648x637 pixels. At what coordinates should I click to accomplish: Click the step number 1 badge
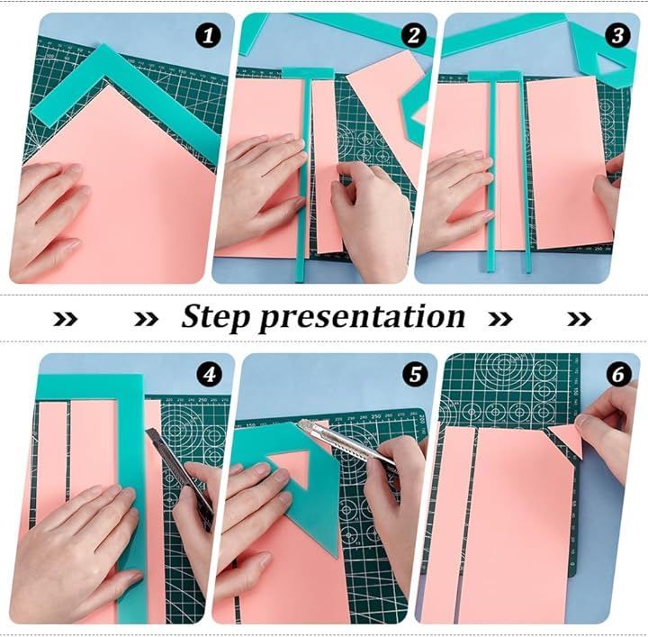point(208,35)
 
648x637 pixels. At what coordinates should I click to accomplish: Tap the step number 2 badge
point(414,35)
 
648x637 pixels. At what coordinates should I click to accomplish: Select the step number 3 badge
point(617,35)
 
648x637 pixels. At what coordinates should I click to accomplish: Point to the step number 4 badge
point(210,375)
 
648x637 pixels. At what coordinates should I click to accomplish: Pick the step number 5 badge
point(415,374)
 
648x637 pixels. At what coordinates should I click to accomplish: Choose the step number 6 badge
point(618,375)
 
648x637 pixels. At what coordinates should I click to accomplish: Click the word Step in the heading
point(216,318)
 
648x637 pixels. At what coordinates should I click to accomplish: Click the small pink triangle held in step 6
point(566,440)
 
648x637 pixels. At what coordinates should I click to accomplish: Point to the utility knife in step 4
point(182,476)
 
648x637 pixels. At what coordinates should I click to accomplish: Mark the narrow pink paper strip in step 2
point(328,167)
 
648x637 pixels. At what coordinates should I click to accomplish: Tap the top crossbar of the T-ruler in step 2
point(308,73)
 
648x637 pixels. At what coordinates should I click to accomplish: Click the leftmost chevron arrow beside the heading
point(66,319)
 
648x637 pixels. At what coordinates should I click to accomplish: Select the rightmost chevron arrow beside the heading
point(580,319)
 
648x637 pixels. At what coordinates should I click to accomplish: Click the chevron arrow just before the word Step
point(147,319)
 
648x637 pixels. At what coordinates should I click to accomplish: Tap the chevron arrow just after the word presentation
point(500,319)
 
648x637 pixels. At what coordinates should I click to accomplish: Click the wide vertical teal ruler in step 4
point(132,496)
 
